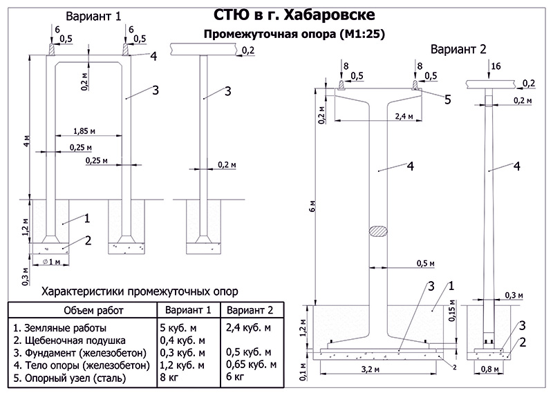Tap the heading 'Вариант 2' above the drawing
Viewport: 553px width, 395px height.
click(458, 49)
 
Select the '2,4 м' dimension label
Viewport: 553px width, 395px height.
click(404, 116)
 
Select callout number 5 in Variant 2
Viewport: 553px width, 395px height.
click(447, 99)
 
